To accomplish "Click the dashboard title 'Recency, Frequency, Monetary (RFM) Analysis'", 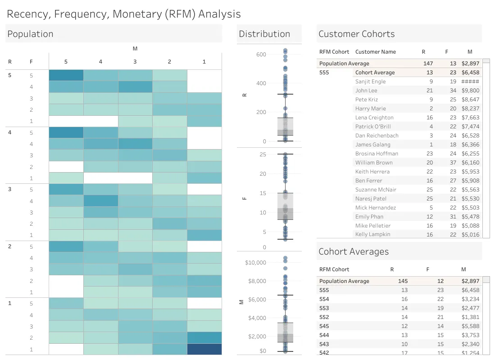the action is (124, 14).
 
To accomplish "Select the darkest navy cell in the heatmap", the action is (204, 349).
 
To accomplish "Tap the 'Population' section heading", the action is (30, 34).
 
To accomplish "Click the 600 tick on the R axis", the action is (261, 55).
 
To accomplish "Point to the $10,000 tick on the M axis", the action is (255, 262).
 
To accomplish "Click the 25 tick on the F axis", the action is (263, 155).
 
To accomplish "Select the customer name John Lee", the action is (366, 90).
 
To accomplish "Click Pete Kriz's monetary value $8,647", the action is (470, 100).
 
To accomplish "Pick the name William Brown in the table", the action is (374, 163).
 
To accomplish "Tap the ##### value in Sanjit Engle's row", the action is (470, 82).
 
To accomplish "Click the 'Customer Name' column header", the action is (375, 52).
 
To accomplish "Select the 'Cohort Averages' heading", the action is (354, 251).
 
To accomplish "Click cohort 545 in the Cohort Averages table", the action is (324, 326).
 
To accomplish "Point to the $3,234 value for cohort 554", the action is (470, 299).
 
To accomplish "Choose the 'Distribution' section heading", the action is (264, 34).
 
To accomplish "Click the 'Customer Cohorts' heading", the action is (357, 34).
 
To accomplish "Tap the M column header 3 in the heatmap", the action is (135, 62).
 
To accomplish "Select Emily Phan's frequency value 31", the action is (453, 217).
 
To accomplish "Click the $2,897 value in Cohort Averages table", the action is (470, 281).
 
